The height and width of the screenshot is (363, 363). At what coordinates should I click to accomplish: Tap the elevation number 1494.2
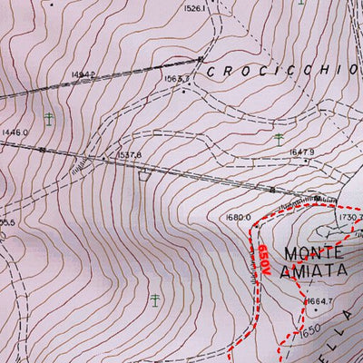(x=83, y=74)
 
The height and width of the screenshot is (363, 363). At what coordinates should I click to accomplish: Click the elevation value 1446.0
(x=15, y=132)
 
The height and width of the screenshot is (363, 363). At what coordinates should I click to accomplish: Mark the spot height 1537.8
(x=130, y=155)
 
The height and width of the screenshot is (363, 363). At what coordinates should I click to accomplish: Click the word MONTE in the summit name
(x=314, y=250)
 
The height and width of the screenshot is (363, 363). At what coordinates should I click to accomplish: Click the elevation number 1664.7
(x=319, y=301)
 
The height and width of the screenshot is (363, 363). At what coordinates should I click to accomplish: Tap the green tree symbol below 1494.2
(x=48, y=117)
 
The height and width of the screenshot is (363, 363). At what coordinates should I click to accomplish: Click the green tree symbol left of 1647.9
(x=278, y=139)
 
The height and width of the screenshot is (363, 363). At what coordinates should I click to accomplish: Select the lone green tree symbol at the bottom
(x=156, y=299)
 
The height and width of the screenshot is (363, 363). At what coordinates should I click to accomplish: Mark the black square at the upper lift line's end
(x=200, y=60)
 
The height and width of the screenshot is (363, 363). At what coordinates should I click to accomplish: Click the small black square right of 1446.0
(x=42, y=149)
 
